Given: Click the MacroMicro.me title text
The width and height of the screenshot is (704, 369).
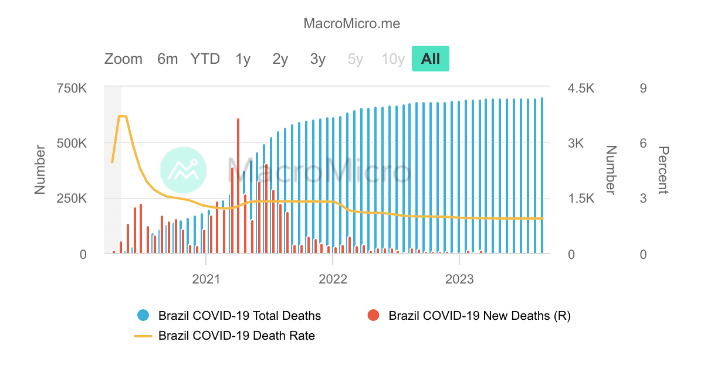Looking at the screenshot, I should pos(351,24).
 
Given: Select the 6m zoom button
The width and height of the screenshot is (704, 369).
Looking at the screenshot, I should pos(167,59).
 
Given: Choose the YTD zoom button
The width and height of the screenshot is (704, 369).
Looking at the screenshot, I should pos(205,59).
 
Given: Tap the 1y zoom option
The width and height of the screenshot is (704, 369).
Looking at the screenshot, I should pos(243,59).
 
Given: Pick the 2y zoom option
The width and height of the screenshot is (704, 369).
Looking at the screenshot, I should pos(280,59).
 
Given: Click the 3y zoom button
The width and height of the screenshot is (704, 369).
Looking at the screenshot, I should pos(318,59).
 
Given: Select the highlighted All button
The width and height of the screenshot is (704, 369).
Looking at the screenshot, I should pos(430,59).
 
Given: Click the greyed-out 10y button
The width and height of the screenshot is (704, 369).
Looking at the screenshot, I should pos(393,59).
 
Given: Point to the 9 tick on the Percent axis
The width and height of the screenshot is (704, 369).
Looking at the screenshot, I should pos(643,88).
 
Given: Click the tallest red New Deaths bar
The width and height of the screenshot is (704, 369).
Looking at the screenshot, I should pos(238,176).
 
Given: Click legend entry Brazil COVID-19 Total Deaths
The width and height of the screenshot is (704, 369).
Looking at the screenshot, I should pos(239,316).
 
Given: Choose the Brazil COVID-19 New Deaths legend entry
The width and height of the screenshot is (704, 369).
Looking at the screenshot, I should pos(479,316).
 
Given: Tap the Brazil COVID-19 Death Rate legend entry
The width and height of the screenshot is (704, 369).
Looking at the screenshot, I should pos(236,336).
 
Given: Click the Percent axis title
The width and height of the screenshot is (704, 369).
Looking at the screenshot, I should pos(662,170).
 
